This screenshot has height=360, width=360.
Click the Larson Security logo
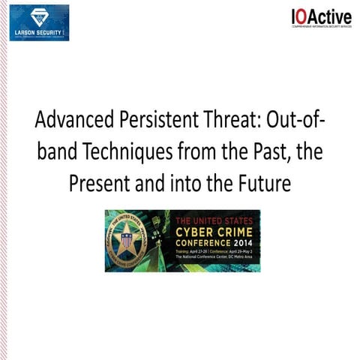[39, 22]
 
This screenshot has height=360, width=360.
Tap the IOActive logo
[321, 18]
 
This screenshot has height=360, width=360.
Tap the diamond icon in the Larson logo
[39, 15]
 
